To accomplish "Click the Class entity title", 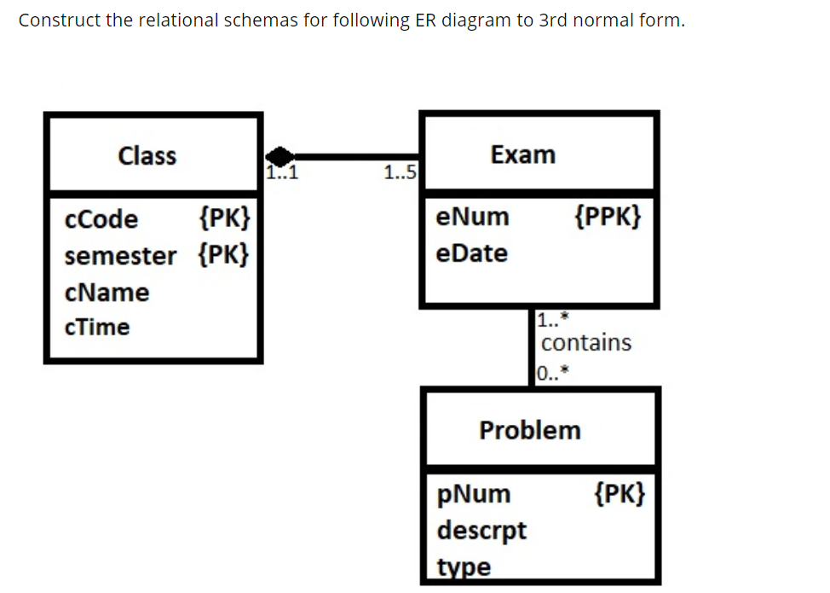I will [x=147, y=156].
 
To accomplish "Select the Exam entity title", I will [x=522, y=154].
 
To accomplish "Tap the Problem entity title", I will [x=530, y=429].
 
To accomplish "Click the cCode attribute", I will [x=101, y=219].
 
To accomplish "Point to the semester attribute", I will [x=120, y=255].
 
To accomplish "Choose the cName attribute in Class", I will [x=107, y=292].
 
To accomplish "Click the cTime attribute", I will [x=97, y=327].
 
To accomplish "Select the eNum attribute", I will [x=472, y=217].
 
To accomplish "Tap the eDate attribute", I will [x=471, y=253].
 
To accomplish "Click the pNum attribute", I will [x=474, y=494].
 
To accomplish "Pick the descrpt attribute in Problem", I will [x=481, y=530].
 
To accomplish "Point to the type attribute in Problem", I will [x=464, y=567].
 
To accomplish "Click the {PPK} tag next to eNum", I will [x=608, y=217].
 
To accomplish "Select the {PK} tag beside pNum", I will [x=620, y=493].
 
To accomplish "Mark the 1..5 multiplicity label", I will [x=400, y=174].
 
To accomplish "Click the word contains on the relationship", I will [x=586, y=342].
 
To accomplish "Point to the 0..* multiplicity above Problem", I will [x=553, y=371].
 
